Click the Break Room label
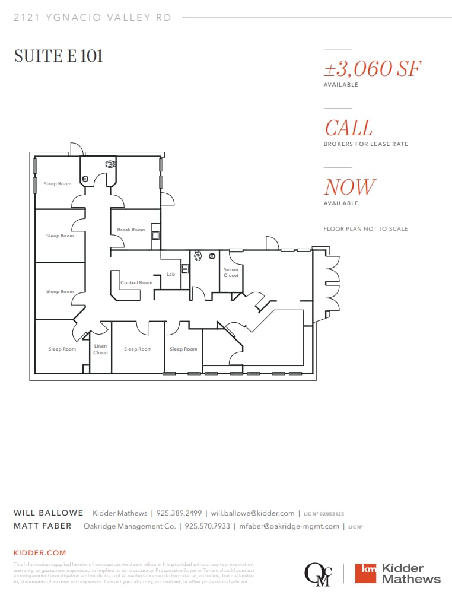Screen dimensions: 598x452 click(x=130, y=230)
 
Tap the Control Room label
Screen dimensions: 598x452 click(x=136, y=282)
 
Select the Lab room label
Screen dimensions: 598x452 click(x=171, y=275)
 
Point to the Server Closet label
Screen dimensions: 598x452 click(x=231, y=272)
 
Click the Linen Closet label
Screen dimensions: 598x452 click(x=101, y=349)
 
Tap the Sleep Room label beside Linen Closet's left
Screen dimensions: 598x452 click(x=62, y=349)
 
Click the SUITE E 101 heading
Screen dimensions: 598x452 click(x=58, y=56)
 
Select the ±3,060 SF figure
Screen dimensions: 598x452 click(x=372, y=68)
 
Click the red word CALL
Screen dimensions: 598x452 click(x=349, y=128)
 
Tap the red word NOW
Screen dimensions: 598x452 click(x=350, y=187)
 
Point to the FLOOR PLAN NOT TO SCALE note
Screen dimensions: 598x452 click(x=365, y=229)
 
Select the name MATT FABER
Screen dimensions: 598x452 click(x=42, y=526)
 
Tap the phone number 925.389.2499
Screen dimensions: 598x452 click(x=179, y=513)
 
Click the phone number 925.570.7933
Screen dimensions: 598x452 click(x=207, y=526)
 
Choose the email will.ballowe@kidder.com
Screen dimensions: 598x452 click(x=253, y=513)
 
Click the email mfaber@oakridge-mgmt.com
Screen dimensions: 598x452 click(x=289, y=526)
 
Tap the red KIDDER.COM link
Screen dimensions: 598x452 click(x=40, y=553)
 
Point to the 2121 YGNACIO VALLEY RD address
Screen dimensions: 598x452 click(x=93, y=18)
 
